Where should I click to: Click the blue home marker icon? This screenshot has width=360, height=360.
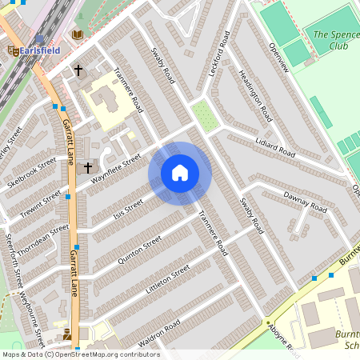(x=180, y=173)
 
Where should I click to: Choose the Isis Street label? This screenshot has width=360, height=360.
(x=127, y=212)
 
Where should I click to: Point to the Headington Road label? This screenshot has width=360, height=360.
(x=255, y=94)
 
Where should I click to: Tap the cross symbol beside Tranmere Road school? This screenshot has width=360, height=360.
(x=78, y=70)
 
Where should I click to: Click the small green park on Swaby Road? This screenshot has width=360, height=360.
(x=206, y=116)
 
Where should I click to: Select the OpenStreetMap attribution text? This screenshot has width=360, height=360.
(x=80, y=354)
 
